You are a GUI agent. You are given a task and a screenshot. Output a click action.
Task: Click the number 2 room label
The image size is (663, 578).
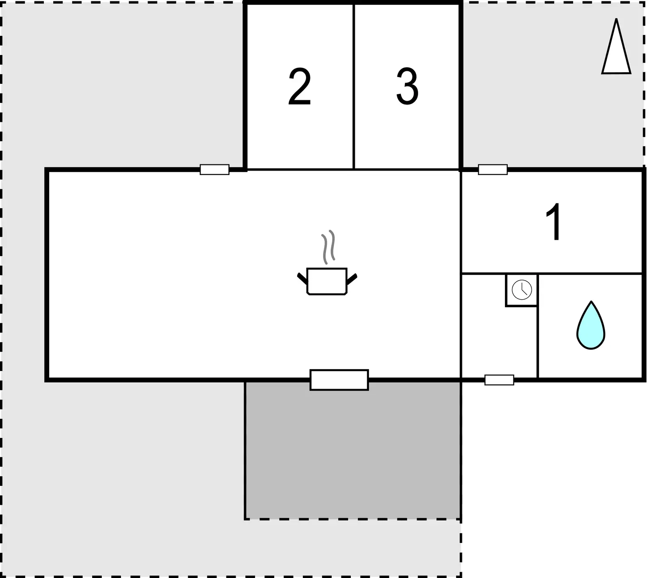tap(299, 86)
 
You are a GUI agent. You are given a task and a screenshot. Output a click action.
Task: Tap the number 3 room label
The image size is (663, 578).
tap(407, 86)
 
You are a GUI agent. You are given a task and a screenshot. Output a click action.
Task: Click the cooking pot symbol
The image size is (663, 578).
tap(327, 281)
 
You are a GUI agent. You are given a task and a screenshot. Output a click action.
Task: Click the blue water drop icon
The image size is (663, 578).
tap(591, 325)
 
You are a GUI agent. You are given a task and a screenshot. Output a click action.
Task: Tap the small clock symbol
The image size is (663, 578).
tap(522, 289)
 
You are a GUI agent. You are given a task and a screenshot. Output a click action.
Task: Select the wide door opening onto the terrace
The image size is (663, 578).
tap(339, 380)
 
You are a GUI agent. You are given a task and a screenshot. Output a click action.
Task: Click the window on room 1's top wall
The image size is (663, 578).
tap(492, 170)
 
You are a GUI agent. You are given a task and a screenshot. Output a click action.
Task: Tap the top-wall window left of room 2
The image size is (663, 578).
tap(214, 170)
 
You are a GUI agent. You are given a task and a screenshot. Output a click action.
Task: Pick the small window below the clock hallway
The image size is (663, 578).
tap(499, 380)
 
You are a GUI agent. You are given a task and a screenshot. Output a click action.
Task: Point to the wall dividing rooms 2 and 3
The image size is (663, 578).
tap(353, 87)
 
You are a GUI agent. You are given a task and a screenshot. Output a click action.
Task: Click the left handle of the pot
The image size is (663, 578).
tap(302, 279)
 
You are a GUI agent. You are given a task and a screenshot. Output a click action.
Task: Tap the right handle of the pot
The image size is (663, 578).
tap(352, 279)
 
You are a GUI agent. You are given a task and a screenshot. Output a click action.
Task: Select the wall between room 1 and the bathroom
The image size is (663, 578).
tap(551, 273)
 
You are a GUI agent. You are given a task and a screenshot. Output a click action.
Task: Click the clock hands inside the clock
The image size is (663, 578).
tap(523, 290)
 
